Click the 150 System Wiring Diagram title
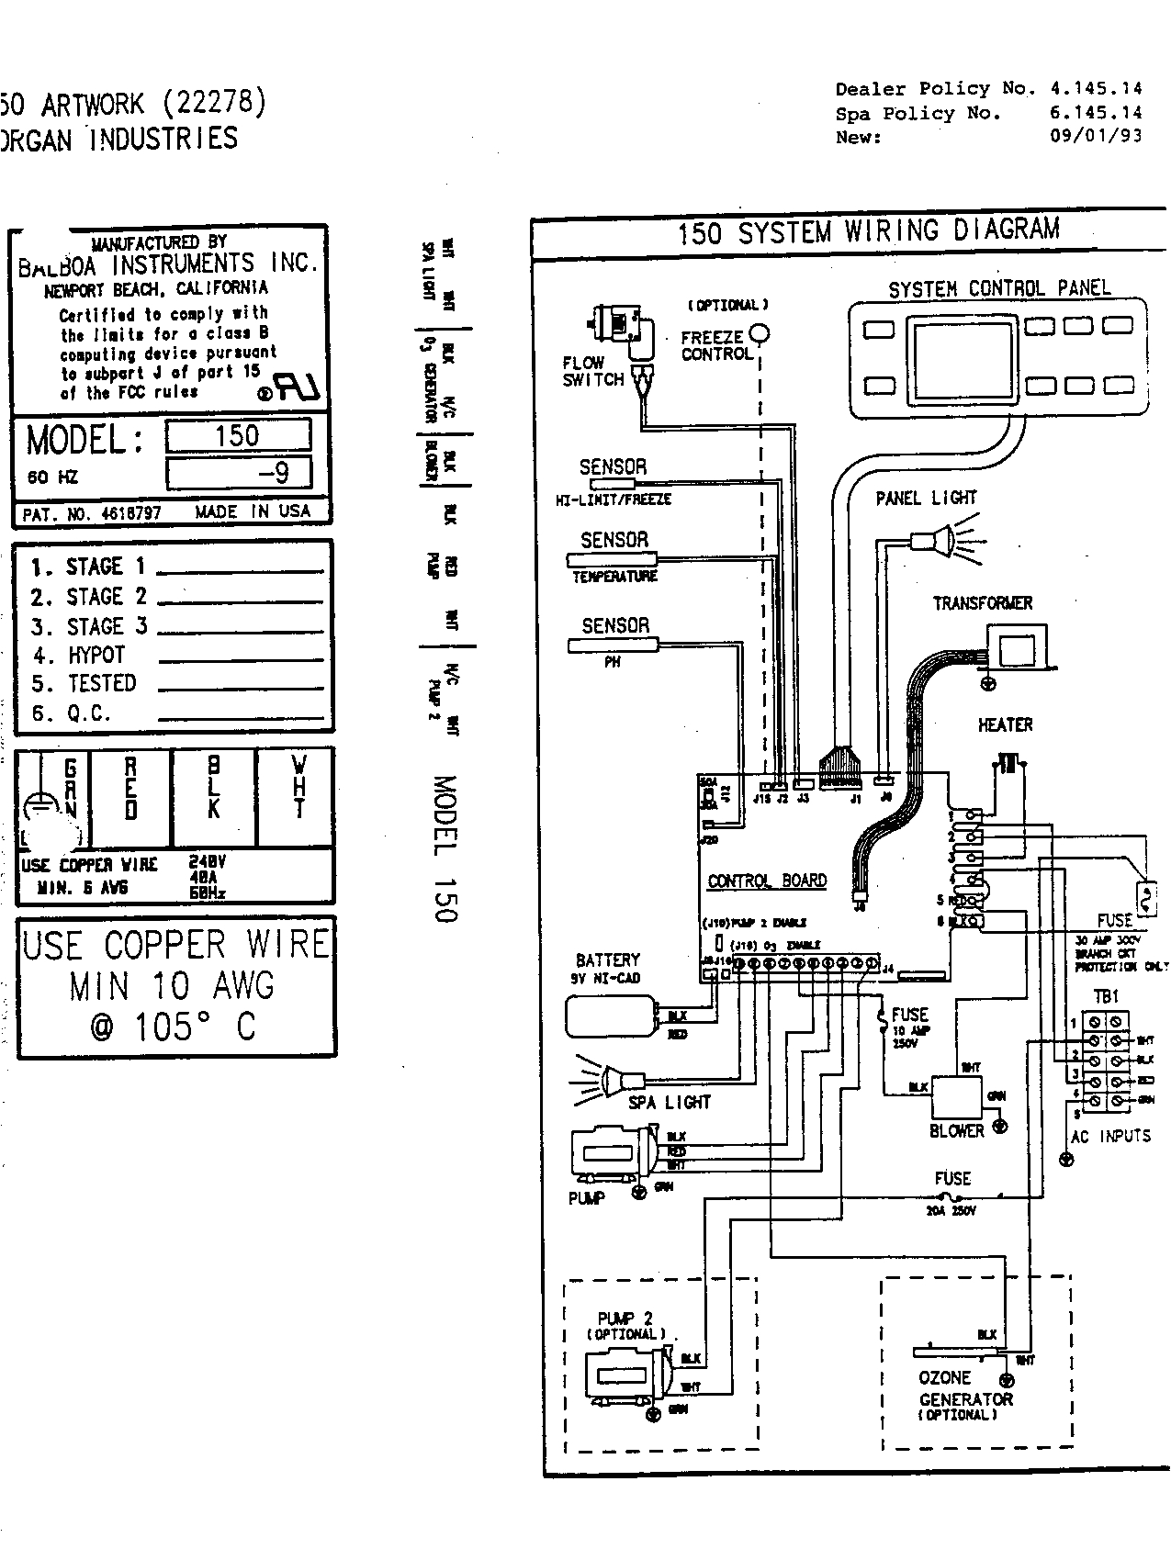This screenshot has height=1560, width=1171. [x=868, y=231]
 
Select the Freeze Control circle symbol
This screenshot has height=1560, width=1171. [x=760, y=332]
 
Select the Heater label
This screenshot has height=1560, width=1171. [x=1005, y=725]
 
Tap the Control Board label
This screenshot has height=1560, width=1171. [x=767, y=881]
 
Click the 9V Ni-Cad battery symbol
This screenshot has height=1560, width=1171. [x=613, y=1016]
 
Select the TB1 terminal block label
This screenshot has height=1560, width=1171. [x=1106, y=997]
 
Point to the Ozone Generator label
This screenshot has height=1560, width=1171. [x=964, y=1389]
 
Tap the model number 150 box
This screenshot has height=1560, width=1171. [x=238, y=436]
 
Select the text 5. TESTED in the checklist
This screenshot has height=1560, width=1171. [x=84, y=684]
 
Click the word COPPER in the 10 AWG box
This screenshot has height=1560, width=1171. [x=164, y=945]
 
